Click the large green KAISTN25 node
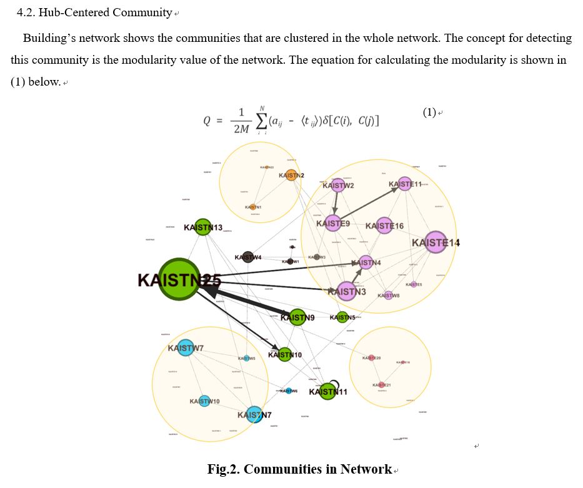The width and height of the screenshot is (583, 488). pyautogui.click(x=179, y=279)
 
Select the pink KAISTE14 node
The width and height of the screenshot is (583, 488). pyautogui.click(x=436, y=242)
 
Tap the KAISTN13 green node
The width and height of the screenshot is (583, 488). pyautogui.click(x=203, y=227)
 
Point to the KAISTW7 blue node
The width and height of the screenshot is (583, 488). pyautogui.click(x=185, y=347)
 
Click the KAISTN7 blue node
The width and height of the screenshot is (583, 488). pyautogui.click(x=254, y=414)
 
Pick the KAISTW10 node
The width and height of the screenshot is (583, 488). pyautogui.click(x=204, y=401)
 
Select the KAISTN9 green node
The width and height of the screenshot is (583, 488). pyautogui.click(x=297, y=317)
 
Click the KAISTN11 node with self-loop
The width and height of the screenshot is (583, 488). pyautogui.click(x=327, y=392)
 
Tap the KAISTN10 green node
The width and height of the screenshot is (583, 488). pyautogui.click(x=284, y=355)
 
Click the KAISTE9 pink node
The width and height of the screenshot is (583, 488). pyautogui.click(x=333, y=223)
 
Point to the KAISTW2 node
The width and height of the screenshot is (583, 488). pyautogui.click(x=338, y=185)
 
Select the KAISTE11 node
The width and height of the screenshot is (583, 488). pyautogui.click(x=406, y=184)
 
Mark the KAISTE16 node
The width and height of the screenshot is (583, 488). pyautogui.click(x=384, y=226)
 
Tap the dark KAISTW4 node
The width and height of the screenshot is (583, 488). pyautogui.click(x=248, y=257)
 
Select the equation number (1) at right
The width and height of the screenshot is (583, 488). pyautogui.click(x=429, y=112)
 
